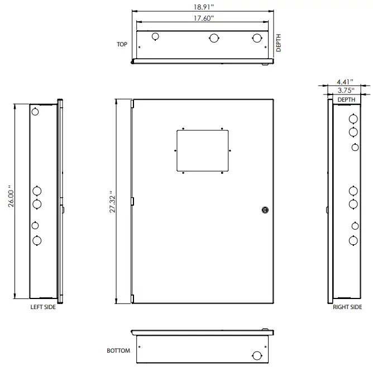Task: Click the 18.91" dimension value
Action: (x=203, y=8)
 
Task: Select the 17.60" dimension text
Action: (x=203, y=18)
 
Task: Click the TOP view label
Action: (x=122, y=44)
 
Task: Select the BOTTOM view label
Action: (x=118, y=351)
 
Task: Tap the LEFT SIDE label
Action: (x=43, y=306)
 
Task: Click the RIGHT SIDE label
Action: (x=348, y=307)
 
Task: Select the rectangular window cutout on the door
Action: (x=203, y=150)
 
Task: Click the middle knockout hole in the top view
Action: (x=213, y=38)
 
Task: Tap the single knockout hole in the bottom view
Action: (x=256, y=355)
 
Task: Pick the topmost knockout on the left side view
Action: (x=36, y=111)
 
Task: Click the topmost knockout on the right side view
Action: (x=353, y=119)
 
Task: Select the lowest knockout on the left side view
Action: (x=37, y=241)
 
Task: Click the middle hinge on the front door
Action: (x=132, y=201)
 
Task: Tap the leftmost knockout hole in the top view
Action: (x=156, y=36)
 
